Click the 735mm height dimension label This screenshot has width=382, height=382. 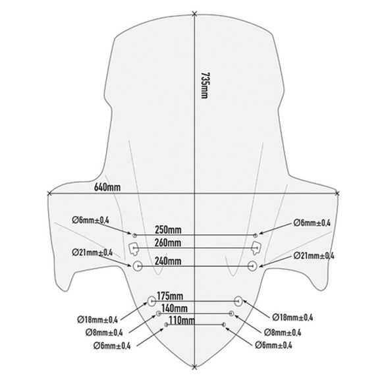[204, 85]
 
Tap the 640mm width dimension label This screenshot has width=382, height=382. [107, 187]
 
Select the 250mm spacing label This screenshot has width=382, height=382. [168, 230]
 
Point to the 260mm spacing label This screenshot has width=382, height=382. [168, 242]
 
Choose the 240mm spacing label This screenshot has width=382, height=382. [168, 261]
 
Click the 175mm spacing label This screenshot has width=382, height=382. [170, 296]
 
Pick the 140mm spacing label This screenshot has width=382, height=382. [175, 308]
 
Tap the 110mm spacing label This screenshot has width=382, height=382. [182, 320]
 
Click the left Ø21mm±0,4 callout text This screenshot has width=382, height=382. [92, 252]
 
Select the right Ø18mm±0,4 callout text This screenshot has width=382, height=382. [292, 317]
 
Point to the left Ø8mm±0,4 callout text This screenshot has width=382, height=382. [104, 333]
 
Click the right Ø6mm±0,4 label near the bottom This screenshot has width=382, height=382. [273, 345]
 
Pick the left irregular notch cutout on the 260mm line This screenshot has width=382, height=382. [134, 248]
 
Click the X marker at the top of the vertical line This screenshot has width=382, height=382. [194, 14]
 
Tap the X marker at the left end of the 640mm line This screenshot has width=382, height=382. [49, 194]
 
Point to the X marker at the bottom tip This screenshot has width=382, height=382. [194, 367]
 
